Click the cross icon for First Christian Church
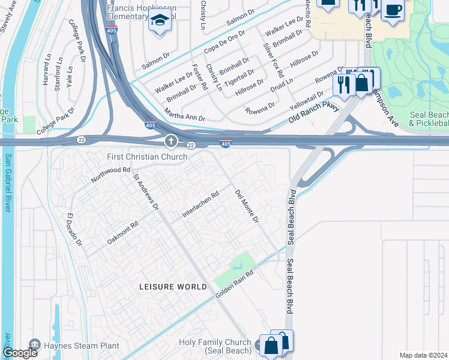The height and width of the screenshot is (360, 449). tap(170, 142)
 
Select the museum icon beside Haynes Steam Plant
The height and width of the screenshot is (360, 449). tap(34, 345)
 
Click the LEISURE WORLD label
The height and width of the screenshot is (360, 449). tap(173, 287)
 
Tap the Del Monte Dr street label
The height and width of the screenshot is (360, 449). tap(247, 208)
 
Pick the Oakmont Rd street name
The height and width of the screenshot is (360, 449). tap(122, 233)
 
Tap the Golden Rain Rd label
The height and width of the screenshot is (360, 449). tap(234, 281)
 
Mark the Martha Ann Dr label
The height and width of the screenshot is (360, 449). tap(184, 115)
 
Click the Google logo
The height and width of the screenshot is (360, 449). tap(20, 353)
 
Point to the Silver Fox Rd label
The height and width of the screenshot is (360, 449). tap(273, 60)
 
